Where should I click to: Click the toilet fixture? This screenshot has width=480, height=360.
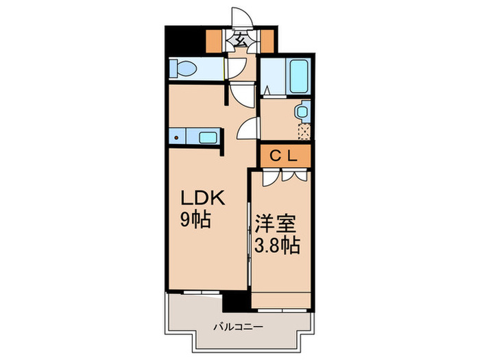(x=184, y=69)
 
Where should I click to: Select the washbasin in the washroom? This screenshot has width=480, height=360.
(x=302, y=111)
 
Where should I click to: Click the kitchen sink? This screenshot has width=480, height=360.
(x=208, y=136)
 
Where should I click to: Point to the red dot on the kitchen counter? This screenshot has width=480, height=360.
(x=176, y=137)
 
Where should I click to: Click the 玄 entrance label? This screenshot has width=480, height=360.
(x=241, y=39)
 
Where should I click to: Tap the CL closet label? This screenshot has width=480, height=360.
(x=282, y=156)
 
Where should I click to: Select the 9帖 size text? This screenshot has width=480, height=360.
(x=195, y=221)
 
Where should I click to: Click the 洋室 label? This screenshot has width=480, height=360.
(x=276, y=224)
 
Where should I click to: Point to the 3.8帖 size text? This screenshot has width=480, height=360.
(x=277, y=245)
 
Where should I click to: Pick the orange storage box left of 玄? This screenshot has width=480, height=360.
(x=215, y=39)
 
